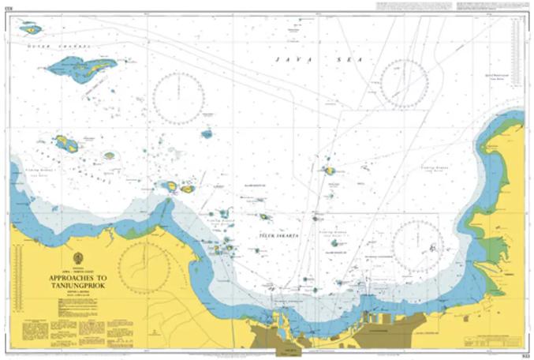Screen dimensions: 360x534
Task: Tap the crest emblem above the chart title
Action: coord(78,259)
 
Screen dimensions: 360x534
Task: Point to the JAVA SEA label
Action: coord(296,59)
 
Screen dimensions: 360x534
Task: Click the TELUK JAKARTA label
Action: coord(276,235)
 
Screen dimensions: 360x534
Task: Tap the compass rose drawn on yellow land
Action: coord(144,267)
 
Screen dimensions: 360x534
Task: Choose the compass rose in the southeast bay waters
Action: coord(417,244)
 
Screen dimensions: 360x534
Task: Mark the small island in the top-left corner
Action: coord(31,29)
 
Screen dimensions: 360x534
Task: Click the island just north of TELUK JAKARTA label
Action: coord(265,217)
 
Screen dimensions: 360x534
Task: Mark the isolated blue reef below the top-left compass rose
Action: coord(207,134)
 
